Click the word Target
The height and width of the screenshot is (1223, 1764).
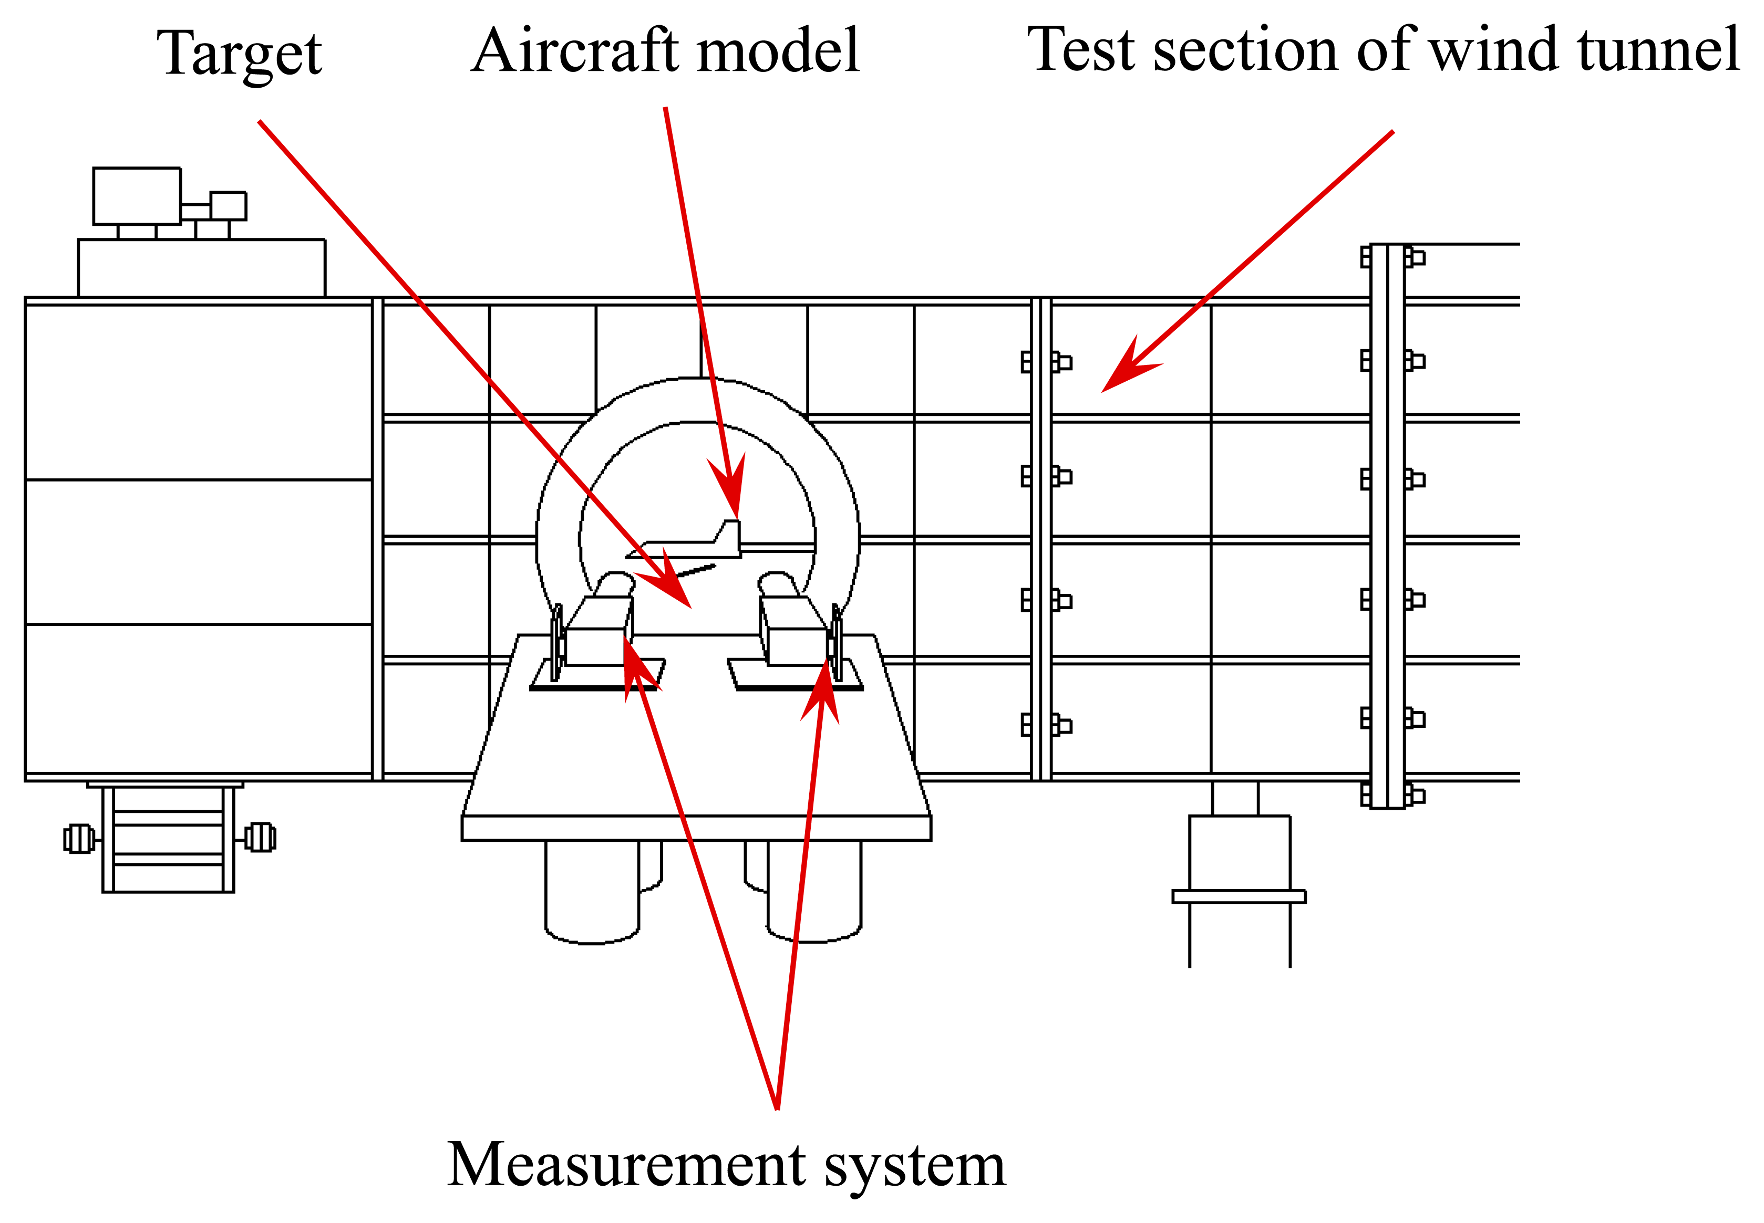pos(239,54)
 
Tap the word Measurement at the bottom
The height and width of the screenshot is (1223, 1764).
pos(625,1164)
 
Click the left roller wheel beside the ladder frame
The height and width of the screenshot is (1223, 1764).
pos(79,838)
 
